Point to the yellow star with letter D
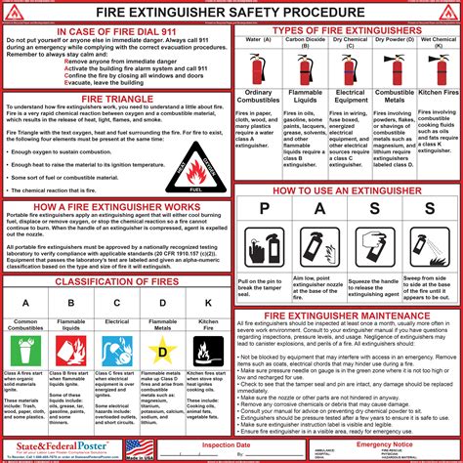[x=163, y=349]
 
